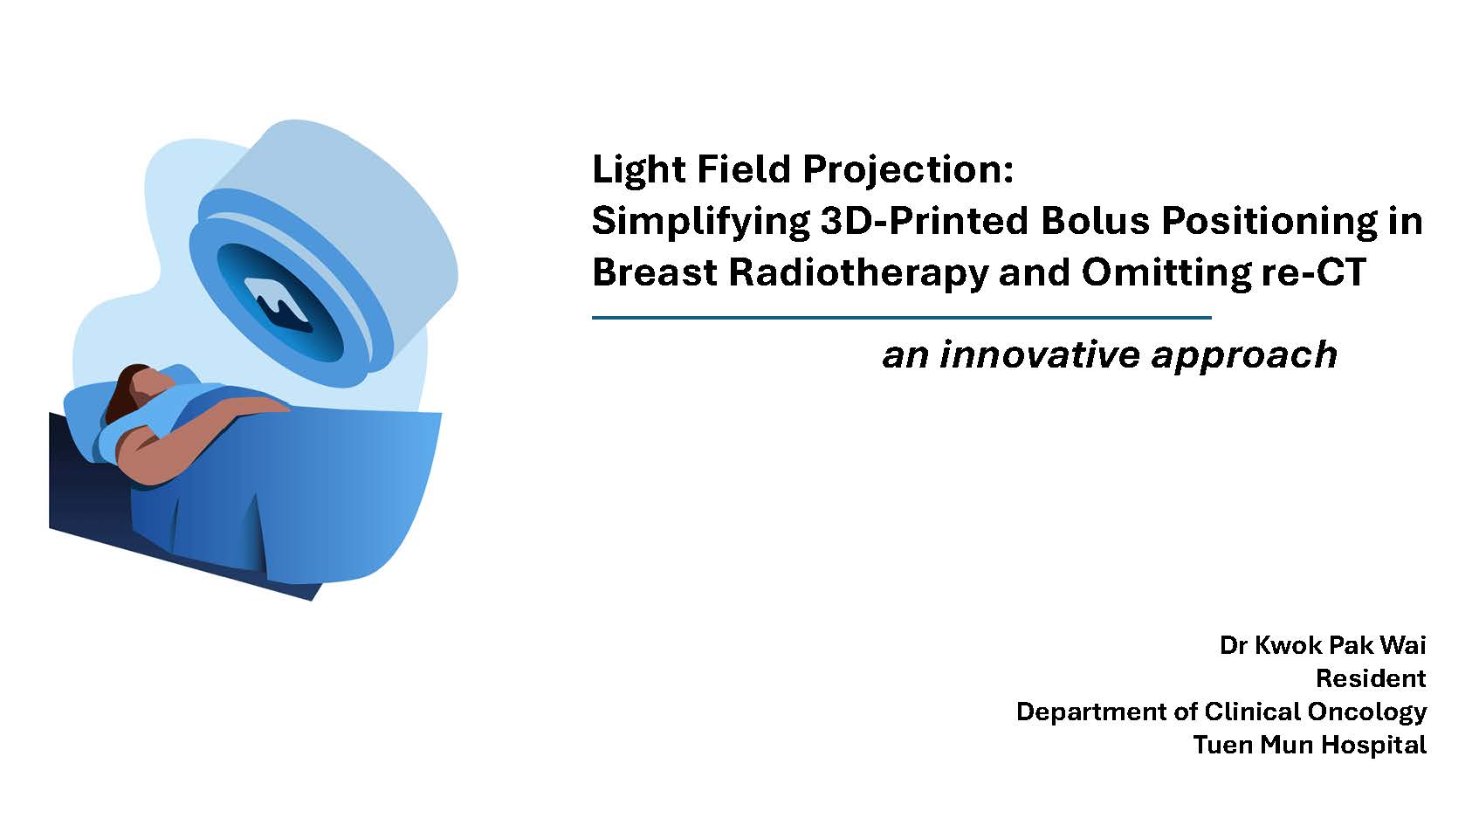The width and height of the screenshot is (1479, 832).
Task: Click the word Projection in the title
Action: [x=908, y=170]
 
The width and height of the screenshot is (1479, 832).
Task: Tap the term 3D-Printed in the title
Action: [x=925, y=221]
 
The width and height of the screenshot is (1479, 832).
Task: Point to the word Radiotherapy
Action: [x=857, y=273]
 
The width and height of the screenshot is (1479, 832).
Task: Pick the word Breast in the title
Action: [x=654, y=272]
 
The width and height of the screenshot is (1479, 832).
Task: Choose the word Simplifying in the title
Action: [x=700, y=222]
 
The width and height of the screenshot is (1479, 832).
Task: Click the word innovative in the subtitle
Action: [x=1039, y=354]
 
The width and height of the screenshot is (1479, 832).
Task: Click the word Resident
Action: [x=1371, y=678]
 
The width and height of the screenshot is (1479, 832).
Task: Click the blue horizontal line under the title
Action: [x=901, y=318]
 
